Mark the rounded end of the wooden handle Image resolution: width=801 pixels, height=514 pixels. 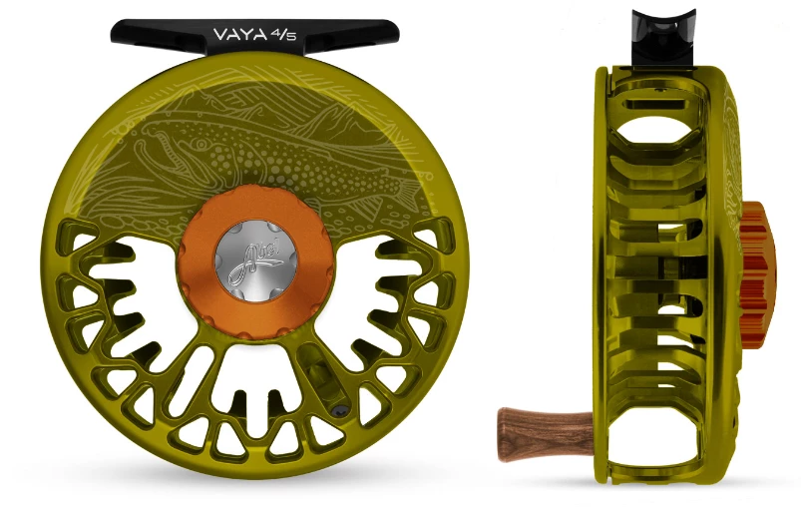coord(504,420)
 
